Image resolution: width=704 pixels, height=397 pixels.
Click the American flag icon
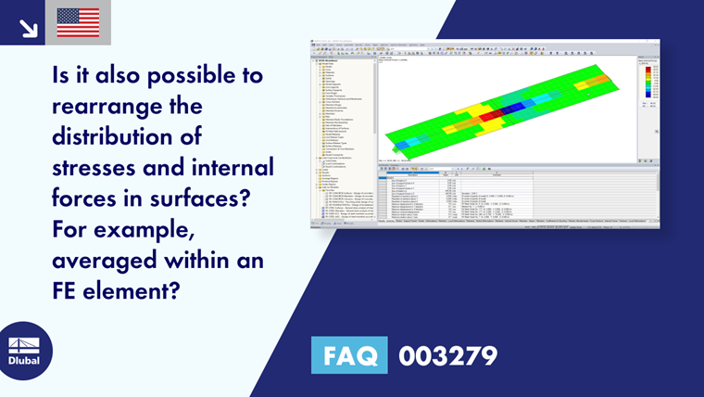78,22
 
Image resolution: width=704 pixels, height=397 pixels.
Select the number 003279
447,355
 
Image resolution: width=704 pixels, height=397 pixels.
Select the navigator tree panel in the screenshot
343,130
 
